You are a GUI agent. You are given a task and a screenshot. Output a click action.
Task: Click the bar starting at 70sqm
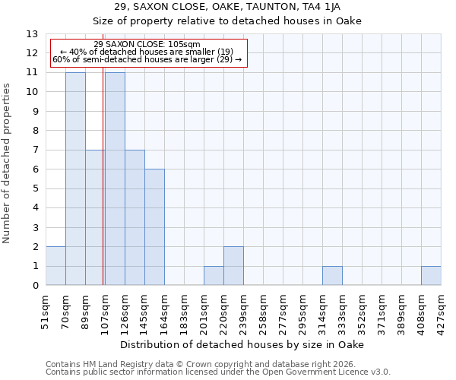coord(75,179)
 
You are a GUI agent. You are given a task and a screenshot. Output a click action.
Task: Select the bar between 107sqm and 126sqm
coord(115,179)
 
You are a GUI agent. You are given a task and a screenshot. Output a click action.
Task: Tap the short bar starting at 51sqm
coord(55,266)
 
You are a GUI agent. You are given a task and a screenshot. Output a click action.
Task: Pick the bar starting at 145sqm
coord(154,227)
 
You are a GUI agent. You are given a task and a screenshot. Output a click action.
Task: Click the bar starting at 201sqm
coord(214,276)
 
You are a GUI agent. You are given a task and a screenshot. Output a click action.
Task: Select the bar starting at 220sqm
coord(233,266)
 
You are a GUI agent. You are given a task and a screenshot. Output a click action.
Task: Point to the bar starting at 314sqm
coord(332,276)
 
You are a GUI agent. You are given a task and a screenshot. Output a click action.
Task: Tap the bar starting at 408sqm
coord(431,276)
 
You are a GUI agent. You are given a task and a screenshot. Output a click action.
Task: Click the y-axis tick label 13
coord(31,34)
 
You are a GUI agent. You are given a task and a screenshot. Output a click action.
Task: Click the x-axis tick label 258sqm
coord(263,310)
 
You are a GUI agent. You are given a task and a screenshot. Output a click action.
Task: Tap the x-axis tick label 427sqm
coord(441,310)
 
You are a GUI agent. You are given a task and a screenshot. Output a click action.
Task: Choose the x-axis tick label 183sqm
coord(184,310)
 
